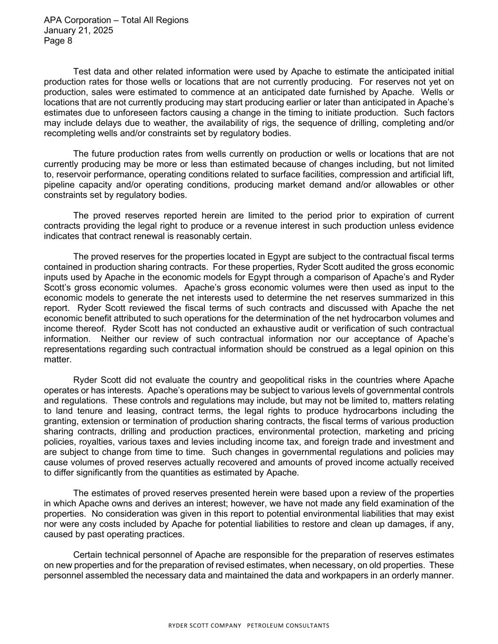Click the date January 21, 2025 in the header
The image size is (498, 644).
click(x=78, y=30)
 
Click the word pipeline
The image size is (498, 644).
click(x=59, y=184)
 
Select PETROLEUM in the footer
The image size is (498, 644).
click(x=273, y=626)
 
